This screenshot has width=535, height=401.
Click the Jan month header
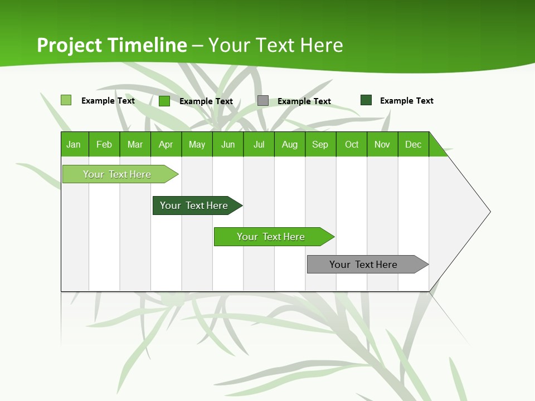click(x=74, y=144)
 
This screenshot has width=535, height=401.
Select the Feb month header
click(x=104, y=144)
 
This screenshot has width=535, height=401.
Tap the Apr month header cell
click(x=166, y=144)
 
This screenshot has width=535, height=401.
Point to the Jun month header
click(x=228, y=144)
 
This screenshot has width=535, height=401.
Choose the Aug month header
click(x=290, y=144)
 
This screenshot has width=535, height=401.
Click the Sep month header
click(x=320, y=144)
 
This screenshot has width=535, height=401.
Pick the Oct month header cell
click(x=352, y=144)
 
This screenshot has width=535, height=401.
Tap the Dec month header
click(x=414, y=144)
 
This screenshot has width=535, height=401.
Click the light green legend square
click(x=66, y=100)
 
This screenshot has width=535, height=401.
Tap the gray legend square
click(x=263, y=101)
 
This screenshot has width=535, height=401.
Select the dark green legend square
click(x=366, y=100)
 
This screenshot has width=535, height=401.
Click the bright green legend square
click(x=164, y=101)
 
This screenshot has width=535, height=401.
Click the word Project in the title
click(x=70, y=45)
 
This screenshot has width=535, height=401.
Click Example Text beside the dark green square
click(x=406, y=101)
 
